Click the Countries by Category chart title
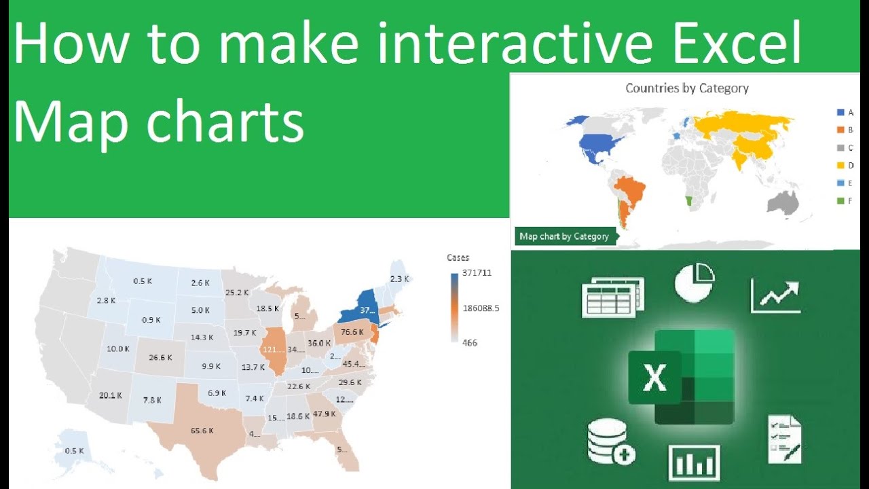pyautogui.click(x=686, y=88)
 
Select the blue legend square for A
pyautogui.click(x=840, y=112)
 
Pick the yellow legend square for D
pyautogui.click(x=840, y=165)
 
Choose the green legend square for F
pyautogui.click(x=840, y=200)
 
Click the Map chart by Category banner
pyautogui.click(x=564, y=236)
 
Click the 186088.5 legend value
pyautogui.click(x=481, y=308)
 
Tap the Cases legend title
pyautogui.click(x=458, y=257)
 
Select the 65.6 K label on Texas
pyautogui.click(x=202, y=431)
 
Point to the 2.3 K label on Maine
pyautogui.click(x=399, y=278)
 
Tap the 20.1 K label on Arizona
pyautogui.click(x=110, y=395)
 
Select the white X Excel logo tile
pyautogui.click(x=654, y=378)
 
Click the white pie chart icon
pyautogui.click(x=695, y=283)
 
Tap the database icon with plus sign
pyautogui.click(x=610, y=441)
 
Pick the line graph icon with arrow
pyautogui.click(x=775, y=295)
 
